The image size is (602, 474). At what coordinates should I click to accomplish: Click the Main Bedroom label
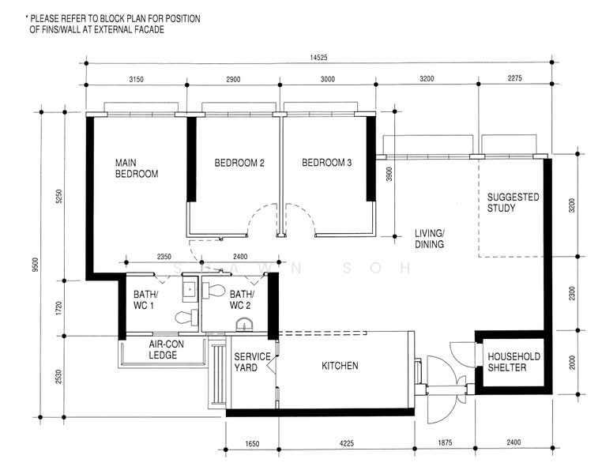(x=137, y=168)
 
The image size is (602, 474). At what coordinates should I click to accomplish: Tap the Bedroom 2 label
(x=239, y=163)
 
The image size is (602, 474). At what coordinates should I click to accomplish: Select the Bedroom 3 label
(x=327, y=163)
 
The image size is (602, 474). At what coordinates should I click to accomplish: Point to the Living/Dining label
(x=430, y=239)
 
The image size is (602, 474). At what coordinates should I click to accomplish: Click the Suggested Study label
(x=514, y=202)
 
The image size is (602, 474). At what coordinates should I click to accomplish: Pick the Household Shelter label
(x=514, y=362)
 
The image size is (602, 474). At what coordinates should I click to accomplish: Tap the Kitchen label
(x=340, y=366)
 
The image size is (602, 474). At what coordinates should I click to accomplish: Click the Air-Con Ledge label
(x=166, y=349)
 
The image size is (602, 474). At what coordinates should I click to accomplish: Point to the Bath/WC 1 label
(x=145, y=299)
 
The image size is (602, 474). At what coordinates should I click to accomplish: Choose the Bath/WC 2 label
(x=242, y=299)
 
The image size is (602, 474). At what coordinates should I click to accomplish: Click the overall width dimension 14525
(x=318, y=58)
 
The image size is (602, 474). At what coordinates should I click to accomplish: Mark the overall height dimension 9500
(x=36, y=265)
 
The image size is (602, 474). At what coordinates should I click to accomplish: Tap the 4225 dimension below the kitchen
(x=346, y=443)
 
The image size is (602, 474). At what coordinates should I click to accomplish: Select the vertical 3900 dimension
(x=389, y=175)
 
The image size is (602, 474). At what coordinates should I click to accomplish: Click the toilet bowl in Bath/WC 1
(x=186, y=317)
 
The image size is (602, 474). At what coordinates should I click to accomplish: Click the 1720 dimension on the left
(x=58, y=307)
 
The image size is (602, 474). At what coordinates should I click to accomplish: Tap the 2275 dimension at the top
(x=515, y=78)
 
